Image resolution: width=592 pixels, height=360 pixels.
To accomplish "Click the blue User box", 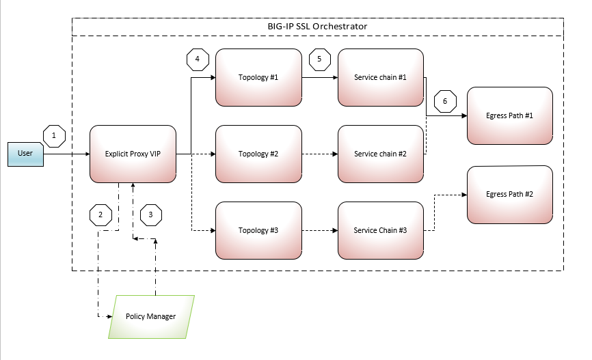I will [x=25, y=154].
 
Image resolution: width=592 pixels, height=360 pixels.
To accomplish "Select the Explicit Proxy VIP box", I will [x=133, y=154].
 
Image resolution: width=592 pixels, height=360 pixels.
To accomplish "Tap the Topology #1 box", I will [x=258, y=77].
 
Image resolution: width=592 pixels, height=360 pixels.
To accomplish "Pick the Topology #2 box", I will [x=258, y=154].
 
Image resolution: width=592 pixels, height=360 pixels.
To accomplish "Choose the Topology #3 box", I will [x=258, y=230].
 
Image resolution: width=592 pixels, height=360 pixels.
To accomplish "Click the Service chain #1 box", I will [x=380, y=77].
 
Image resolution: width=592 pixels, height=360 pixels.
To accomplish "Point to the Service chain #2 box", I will [x=380, y=154].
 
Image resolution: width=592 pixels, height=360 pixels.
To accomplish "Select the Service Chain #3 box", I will [x=380, y=230].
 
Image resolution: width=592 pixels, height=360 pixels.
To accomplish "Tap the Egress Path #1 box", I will [x=509, y=115].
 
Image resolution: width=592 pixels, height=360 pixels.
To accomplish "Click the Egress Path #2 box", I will [x=509, y=195].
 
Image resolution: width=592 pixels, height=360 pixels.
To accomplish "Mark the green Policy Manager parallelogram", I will [x=152, y=317].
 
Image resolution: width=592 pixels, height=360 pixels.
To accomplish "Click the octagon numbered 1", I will [x=54, y=135].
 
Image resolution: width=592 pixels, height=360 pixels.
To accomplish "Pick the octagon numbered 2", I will [x=100, y=214].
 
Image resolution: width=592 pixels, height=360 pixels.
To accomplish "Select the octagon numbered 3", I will [x=151, y=214].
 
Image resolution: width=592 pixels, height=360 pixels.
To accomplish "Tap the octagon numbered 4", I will [x=197, y=59].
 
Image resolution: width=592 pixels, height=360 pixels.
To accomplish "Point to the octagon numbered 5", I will [x=319, y=59].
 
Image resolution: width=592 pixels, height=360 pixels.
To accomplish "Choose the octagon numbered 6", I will [x=445, y=101].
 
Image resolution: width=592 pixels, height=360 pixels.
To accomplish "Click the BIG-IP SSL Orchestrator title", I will [x=317, y=27].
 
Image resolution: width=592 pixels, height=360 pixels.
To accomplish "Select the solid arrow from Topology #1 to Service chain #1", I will [x=319, y=77].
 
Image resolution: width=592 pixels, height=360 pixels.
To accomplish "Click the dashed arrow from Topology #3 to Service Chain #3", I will [x=319, y=230].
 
